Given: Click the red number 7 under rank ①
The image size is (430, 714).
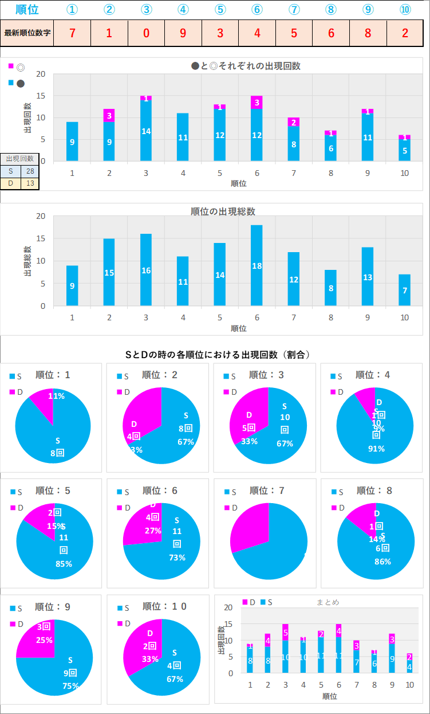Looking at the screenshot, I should pos(72,33).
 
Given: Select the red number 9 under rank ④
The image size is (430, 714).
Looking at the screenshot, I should pos(183,33).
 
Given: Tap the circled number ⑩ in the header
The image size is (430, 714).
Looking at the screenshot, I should pos(405,10).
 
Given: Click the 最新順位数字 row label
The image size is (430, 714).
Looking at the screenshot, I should pos(27,33).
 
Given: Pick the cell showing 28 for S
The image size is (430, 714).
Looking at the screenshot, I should pos(29,171).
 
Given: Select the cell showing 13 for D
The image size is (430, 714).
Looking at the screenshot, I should pos(29,183).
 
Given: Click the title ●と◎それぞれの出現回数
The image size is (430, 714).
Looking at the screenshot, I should pos(246,66).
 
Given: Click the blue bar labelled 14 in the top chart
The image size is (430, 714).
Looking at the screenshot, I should pos(146,131).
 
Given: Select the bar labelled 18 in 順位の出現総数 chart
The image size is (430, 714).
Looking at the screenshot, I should pos(257,265).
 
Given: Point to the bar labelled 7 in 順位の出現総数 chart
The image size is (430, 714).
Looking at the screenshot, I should pos(404,290).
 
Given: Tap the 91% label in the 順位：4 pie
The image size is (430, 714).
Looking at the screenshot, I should pos(376,449).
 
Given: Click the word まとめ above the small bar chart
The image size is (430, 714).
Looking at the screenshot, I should pos(328,602).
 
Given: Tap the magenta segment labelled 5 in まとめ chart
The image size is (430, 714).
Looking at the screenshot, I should pos(285,633).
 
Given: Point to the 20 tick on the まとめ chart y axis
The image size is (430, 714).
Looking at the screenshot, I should pos(229,607).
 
